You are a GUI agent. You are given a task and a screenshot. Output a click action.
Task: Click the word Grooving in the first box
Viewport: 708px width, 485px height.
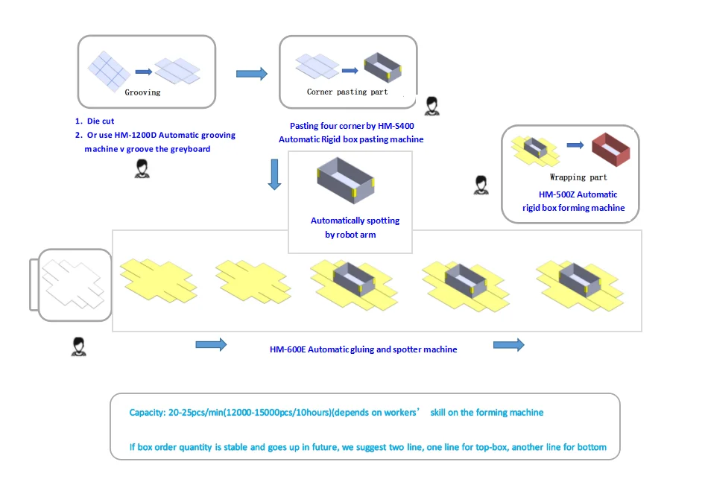(142, 93)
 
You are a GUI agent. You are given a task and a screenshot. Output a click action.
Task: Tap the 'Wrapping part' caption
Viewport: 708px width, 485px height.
(578, 177)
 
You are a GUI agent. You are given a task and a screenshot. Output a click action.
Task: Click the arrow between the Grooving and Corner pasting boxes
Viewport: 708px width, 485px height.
(251, 73)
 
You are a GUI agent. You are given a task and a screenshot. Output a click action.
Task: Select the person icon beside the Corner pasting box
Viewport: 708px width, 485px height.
(432, 107)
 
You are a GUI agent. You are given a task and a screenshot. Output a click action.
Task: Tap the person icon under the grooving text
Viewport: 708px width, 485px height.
(142, 169)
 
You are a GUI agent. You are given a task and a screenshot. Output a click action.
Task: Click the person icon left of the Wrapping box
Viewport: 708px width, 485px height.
(481, 184)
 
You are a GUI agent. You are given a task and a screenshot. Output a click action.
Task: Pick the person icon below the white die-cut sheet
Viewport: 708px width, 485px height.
(77, 346)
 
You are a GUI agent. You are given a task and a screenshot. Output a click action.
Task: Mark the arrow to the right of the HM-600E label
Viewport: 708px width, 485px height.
(509, 344)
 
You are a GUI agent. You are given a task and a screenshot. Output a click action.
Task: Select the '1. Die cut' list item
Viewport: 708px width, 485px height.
(95, 120)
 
